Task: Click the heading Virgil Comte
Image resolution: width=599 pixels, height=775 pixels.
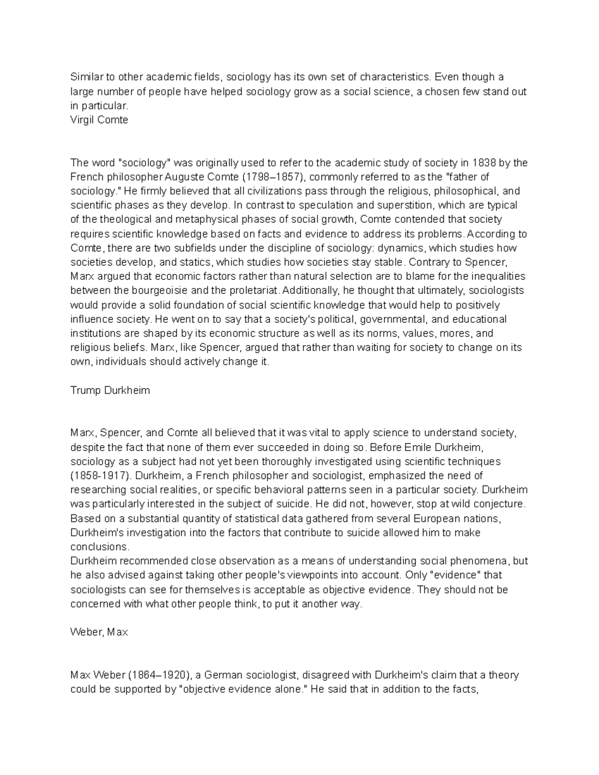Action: coord(99,120)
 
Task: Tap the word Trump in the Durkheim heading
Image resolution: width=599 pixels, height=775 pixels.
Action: coord(85,390)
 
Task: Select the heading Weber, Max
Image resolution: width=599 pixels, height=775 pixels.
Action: coord(99,632)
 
